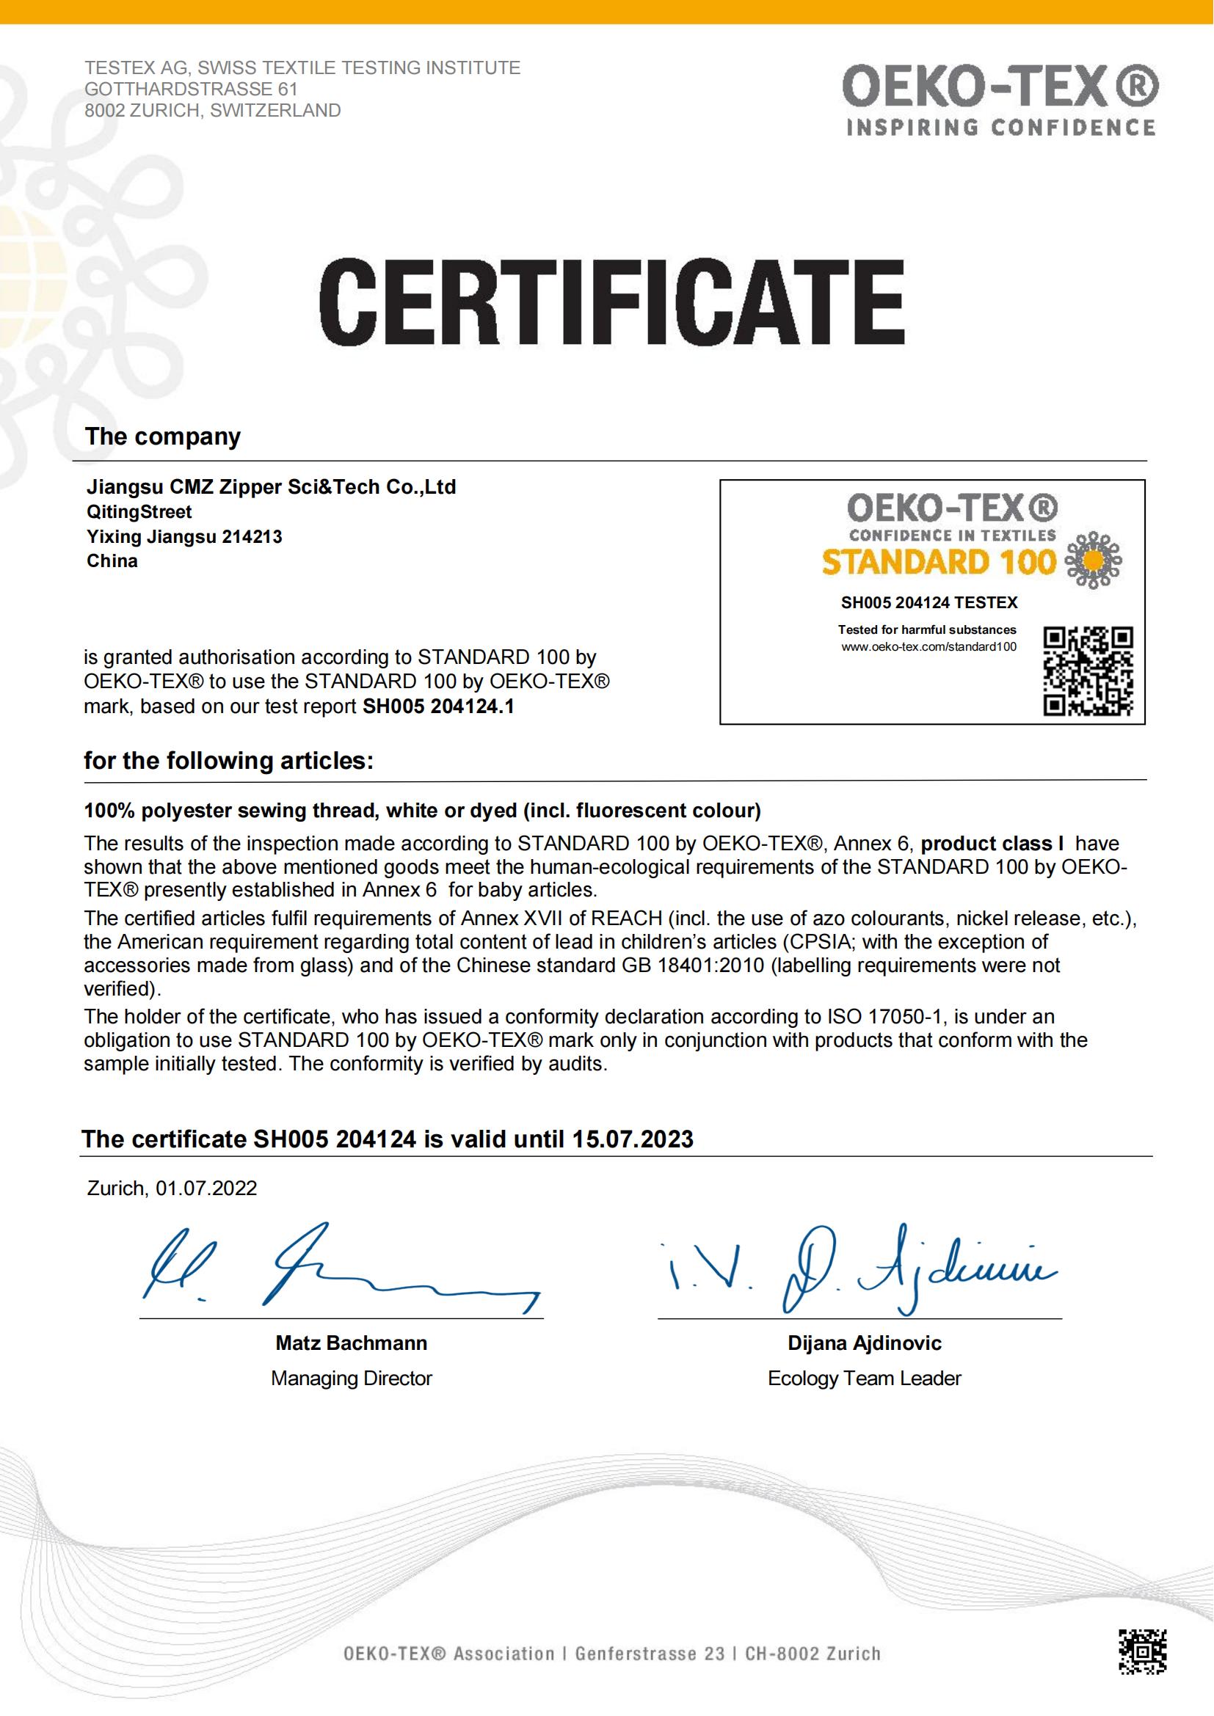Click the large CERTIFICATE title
coord(611,302)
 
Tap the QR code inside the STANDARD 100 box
coord(1088,671)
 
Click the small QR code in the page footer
coord(1143,1652)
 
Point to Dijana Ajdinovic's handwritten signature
coord(859,1269)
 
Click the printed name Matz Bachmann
coord(352,1343)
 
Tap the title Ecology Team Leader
coord(864,1379)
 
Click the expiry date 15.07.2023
coord(633,1139)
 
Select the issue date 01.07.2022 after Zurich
coord(206,1189)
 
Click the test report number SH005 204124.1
coord(439,707)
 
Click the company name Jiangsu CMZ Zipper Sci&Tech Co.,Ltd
coord(272,487)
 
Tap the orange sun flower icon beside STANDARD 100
coord(1093,561)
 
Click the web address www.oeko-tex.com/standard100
coord(928,646)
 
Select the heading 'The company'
coord(163,437)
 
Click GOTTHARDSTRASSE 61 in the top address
coord(192,89)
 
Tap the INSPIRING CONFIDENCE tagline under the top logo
coord(1000,128)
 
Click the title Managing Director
coord(352,1379)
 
